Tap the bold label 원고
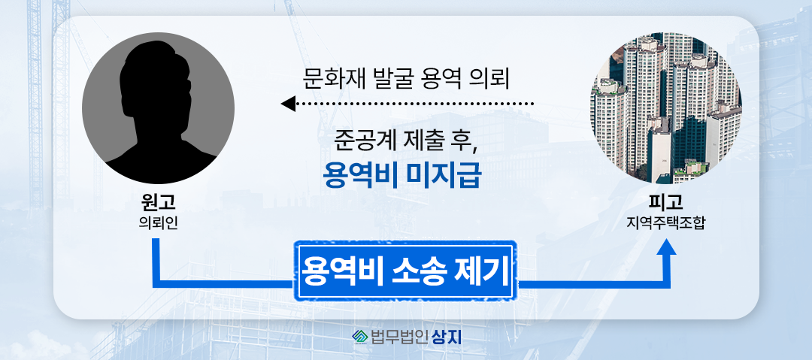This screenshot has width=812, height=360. (x=158, y=205)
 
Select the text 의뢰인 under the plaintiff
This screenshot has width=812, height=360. (x=158, y=224)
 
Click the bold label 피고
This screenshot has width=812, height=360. (x=665, y=205)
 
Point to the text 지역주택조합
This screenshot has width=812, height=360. (x=665, y=224)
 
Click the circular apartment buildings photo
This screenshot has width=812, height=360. (x=666, y=107)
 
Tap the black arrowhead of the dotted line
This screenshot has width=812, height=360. (x=288, y=104)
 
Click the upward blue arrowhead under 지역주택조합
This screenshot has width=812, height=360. (x=666, y=247)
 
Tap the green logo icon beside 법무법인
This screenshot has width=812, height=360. (x=360, y=337)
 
